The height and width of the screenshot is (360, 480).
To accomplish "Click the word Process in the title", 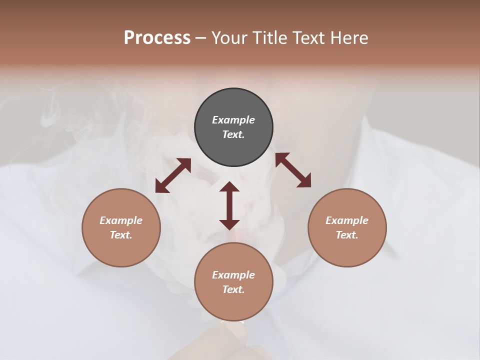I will [157, 38].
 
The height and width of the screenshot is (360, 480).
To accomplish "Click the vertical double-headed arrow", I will [229, 205].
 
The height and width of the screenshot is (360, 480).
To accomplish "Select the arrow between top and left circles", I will [173, 175].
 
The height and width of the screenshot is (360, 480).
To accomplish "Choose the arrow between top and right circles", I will [293, 170].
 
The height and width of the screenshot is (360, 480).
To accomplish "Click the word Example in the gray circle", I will [233, 120].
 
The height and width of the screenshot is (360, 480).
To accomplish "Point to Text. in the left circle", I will [121, 235].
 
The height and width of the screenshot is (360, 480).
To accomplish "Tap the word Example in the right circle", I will [347, 220].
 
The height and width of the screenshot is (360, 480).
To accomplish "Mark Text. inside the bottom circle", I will [233, 289].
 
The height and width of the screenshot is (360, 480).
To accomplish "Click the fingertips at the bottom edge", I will [235, 332].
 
